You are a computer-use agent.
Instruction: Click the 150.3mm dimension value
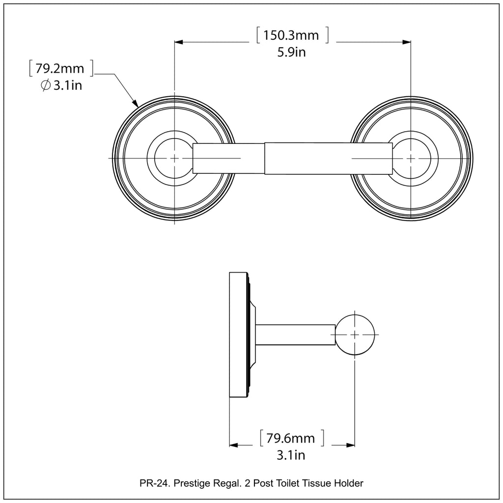[x=291, y=35]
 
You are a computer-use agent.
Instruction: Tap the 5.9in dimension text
[x=292, y=52]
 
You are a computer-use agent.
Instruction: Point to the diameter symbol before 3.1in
[x=45, y=85]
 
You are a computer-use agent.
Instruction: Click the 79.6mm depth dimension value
[x=291, y=438]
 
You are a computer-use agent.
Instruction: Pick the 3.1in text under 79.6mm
[x=291, y=455]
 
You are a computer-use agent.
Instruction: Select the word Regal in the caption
[x=226, y=484]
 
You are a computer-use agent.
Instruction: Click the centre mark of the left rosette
[x=174, y=158]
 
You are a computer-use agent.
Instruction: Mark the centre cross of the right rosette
[x=411, y=158]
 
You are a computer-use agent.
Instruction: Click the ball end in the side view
[x=355, y=334]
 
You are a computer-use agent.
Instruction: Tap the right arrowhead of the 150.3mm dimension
[x=407, y=42]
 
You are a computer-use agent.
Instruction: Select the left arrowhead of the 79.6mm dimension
[x=234, y=445]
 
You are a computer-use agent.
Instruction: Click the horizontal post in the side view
[x=295, y=334]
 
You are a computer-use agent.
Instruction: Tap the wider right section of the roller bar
[x=328, y=158]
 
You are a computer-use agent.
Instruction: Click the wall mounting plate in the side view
[x=238, y=334]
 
